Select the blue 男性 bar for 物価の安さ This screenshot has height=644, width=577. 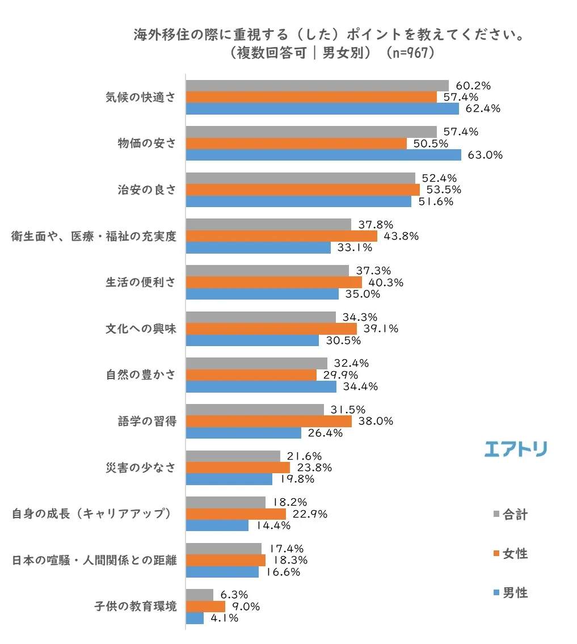click(x=323, y=155)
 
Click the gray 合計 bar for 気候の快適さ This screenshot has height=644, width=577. click(x=317, y=86)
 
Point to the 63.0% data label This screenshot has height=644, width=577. click(x=486, y=155)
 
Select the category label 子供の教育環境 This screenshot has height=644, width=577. click(x=135, y=606)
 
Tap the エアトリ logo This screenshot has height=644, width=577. click(x=516, y=449)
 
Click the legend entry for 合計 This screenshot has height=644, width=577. click(x=511, y=515)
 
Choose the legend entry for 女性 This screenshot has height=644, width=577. click(x=511, y=554)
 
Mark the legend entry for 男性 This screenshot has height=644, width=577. click(x=511, y=593)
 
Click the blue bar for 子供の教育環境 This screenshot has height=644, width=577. click(x=195, y=618)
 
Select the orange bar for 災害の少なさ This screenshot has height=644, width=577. click(x=238, y=468)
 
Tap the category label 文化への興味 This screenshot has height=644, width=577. click(x=141, y=329)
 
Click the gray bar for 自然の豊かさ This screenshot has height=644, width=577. click(x=256, y=363)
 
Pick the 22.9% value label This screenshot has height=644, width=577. click(x=309, y=514)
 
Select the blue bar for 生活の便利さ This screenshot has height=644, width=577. click(x=262, y=294)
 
